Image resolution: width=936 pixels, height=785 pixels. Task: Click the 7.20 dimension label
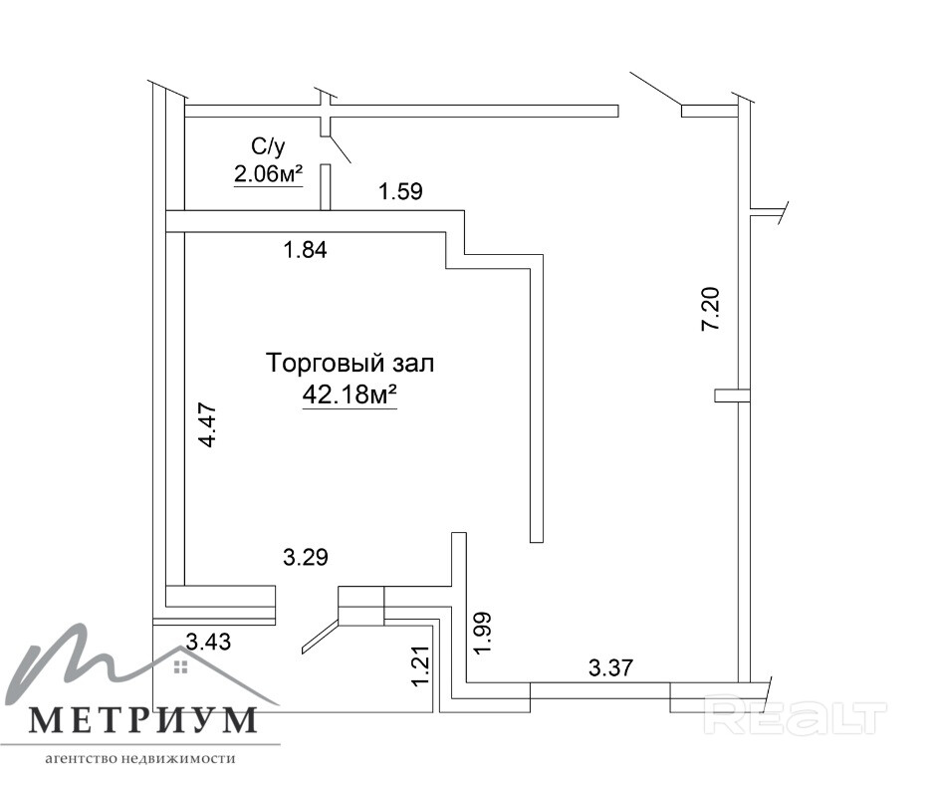712,309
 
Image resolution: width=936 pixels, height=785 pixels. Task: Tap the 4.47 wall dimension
208,426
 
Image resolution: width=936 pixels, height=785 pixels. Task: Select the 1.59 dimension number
401,192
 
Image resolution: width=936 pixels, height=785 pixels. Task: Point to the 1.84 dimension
306,250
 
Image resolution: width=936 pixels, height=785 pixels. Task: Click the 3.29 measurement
306,558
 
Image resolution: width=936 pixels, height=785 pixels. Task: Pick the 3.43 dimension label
208,642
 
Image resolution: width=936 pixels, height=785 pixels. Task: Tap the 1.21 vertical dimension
421,666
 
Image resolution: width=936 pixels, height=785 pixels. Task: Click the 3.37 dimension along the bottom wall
610,667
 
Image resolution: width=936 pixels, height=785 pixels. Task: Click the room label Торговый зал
350,364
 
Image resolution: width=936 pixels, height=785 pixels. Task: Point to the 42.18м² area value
350,394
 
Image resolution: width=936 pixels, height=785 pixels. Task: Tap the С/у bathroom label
268,146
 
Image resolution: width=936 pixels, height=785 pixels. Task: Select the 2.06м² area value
269,175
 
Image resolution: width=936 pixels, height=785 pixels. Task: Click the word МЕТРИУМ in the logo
143,720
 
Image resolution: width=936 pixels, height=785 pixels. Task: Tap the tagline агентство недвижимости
140,759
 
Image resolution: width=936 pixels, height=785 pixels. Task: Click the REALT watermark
796,714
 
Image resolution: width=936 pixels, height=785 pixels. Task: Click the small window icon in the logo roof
181,666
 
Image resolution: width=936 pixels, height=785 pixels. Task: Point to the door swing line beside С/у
340,149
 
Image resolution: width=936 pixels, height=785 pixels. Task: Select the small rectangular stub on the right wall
732,395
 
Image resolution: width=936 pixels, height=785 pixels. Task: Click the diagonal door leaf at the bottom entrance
322,637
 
